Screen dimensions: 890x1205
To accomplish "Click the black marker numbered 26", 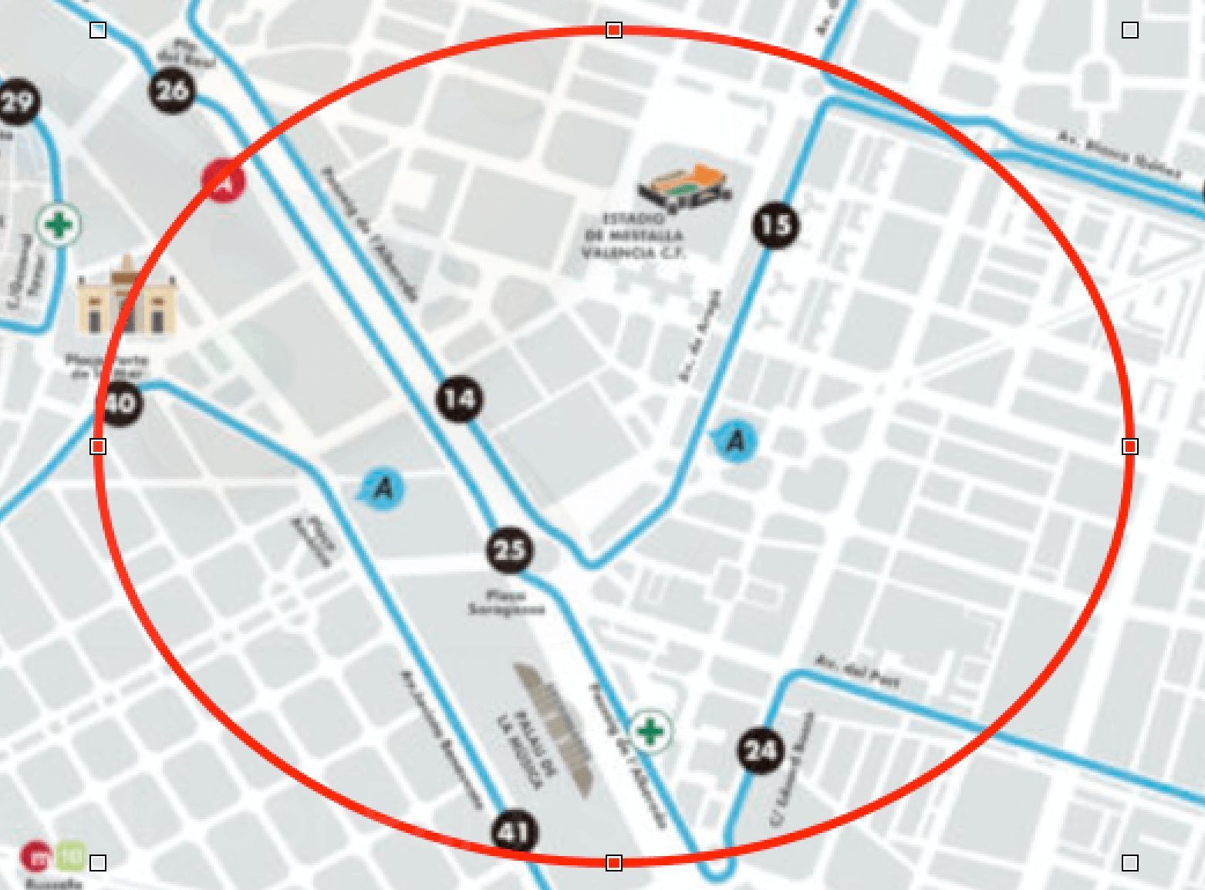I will click(172, 91).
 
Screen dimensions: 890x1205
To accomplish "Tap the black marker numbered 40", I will click(122, 403).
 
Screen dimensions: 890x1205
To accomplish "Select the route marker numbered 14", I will click(460, 399).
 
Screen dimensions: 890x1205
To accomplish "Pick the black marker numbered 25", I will click(509, 550).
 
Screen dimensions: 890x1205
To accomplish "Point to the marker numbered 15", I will click(775, 225).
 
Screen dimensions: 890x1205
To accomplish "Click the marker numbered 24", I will click(759, 750).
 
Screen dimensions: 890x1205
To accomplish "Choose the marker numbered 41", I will click(515, 833).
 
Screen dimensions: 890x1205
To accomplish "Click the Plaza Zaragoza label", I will click(507, 602).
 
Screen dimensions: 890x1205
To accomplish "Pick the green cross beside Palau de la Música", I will click(652, 730).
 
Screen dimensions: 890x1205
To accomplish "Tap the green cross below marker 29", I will click(59, 225).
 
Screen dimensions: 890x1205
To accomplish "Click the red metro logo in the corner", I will click(35, 855).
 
